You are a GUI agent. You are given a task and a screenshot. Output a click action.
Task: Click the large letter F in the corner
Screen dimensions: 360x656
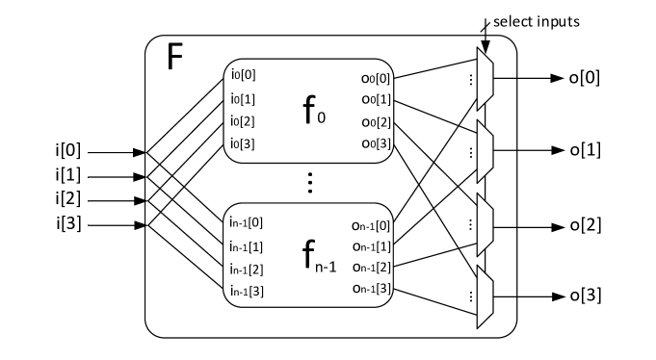(x=174, y=58)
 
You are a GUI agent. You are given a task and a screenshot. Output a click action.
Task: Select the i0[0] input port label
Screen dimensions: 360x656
(x=243, y=74)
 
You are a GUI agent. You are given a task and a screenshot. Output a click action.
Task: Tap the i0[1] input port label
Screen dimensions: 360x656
(x=243, y=98)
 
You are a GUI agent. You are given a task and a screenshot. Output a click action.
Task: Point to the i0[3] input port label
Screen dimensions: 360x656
(x=243, y=144)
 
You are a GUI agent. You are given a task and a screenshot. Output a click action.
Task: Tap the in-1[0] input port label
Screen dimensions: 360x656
(x=247, y=222)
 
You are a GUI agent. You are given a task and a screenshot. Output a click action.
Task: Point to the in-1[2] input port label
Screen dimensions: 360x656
(x=247, y=269)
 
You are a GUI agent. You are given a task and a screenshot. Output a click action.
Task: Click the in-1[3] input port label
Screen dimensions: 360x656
(x=247, y=291)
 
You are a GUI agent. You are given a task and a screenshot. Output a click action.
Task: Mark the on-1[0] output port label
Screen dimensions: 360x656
(x=372, y=226)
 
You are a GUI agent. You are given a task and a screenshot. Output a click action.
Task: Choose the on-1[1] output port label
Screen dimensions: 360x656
(x=372, y=247)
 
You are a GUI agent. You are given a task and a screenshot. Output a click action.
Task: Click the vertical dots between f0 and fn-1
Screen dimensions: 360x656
(x=310, y=182)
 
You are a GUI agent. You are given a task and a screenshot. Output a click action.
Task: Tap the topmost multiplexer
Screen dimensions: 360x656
(x=485, y=78)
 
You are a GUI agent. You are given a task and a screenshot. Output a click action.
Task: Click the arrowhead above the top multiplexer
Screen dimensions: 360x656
(x=486, y=49)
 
